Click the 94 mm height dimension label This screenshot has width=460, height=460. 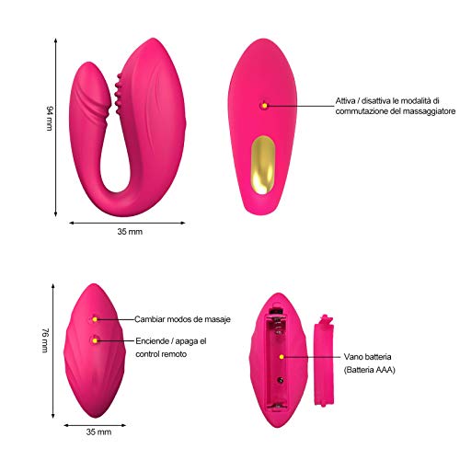coord(50,119)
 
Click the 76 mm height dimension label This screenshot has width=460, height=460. coord(45,340)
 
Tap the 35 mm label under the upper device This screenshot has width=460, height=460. coord(130,232)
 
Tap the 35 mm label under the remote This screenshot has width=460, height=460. coord(98,431)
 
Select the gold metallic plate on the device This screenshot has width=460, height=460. coord(263,165)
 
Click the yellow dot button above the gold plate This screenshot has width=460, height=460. coord(264,106)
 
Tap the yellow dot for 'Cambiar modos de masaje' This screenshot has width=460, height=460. coord(95,319)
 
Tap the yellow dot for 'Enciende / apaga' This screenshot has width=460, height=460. coord(95,340)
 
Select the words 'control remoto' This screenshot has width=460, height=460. coord(161,354)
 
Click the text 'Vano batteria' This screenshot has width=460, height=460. coord(367,357)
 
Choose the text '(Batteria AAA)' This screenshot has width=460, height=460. coord(369,370)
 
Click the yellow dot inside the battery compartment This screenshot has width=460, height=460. coord(282,357)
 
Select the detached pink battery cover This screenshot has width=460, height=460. coord(324,361)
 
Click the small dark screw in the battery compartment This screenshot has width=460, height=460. coord(280,380)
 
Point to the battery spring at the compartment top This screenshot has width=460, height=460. coord(278,325)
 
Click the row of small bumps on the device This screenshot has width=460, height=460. coord(118,94)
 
